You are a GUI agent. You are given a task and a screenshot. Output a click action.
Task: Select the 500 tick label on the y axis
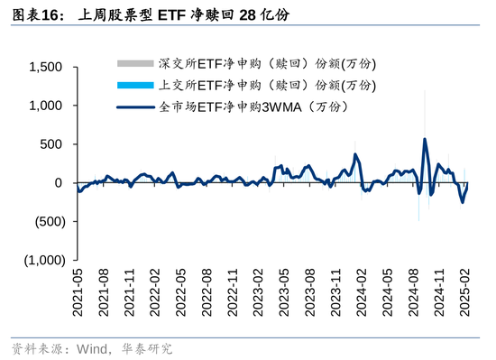point(51,144)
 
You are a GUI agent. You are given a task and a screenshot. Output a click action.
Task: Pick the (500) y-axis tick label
point(47,222)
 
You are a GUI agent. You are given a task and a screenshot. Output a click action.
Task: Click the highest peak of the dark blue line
point(425,139)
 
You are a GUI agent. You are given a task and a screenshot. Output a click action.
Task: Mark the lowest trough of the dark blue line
point(463,202)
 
